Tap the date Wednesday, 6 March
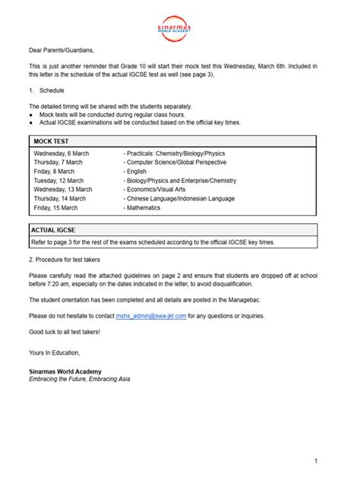(x=62, y=153)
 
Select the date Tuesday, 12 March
(x=59, y=180)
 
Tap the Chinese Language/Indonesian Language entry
(x=182, y=197)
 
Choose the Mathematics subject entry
(x=144, y=207)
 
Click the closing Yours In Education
(x=54, y=353)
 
